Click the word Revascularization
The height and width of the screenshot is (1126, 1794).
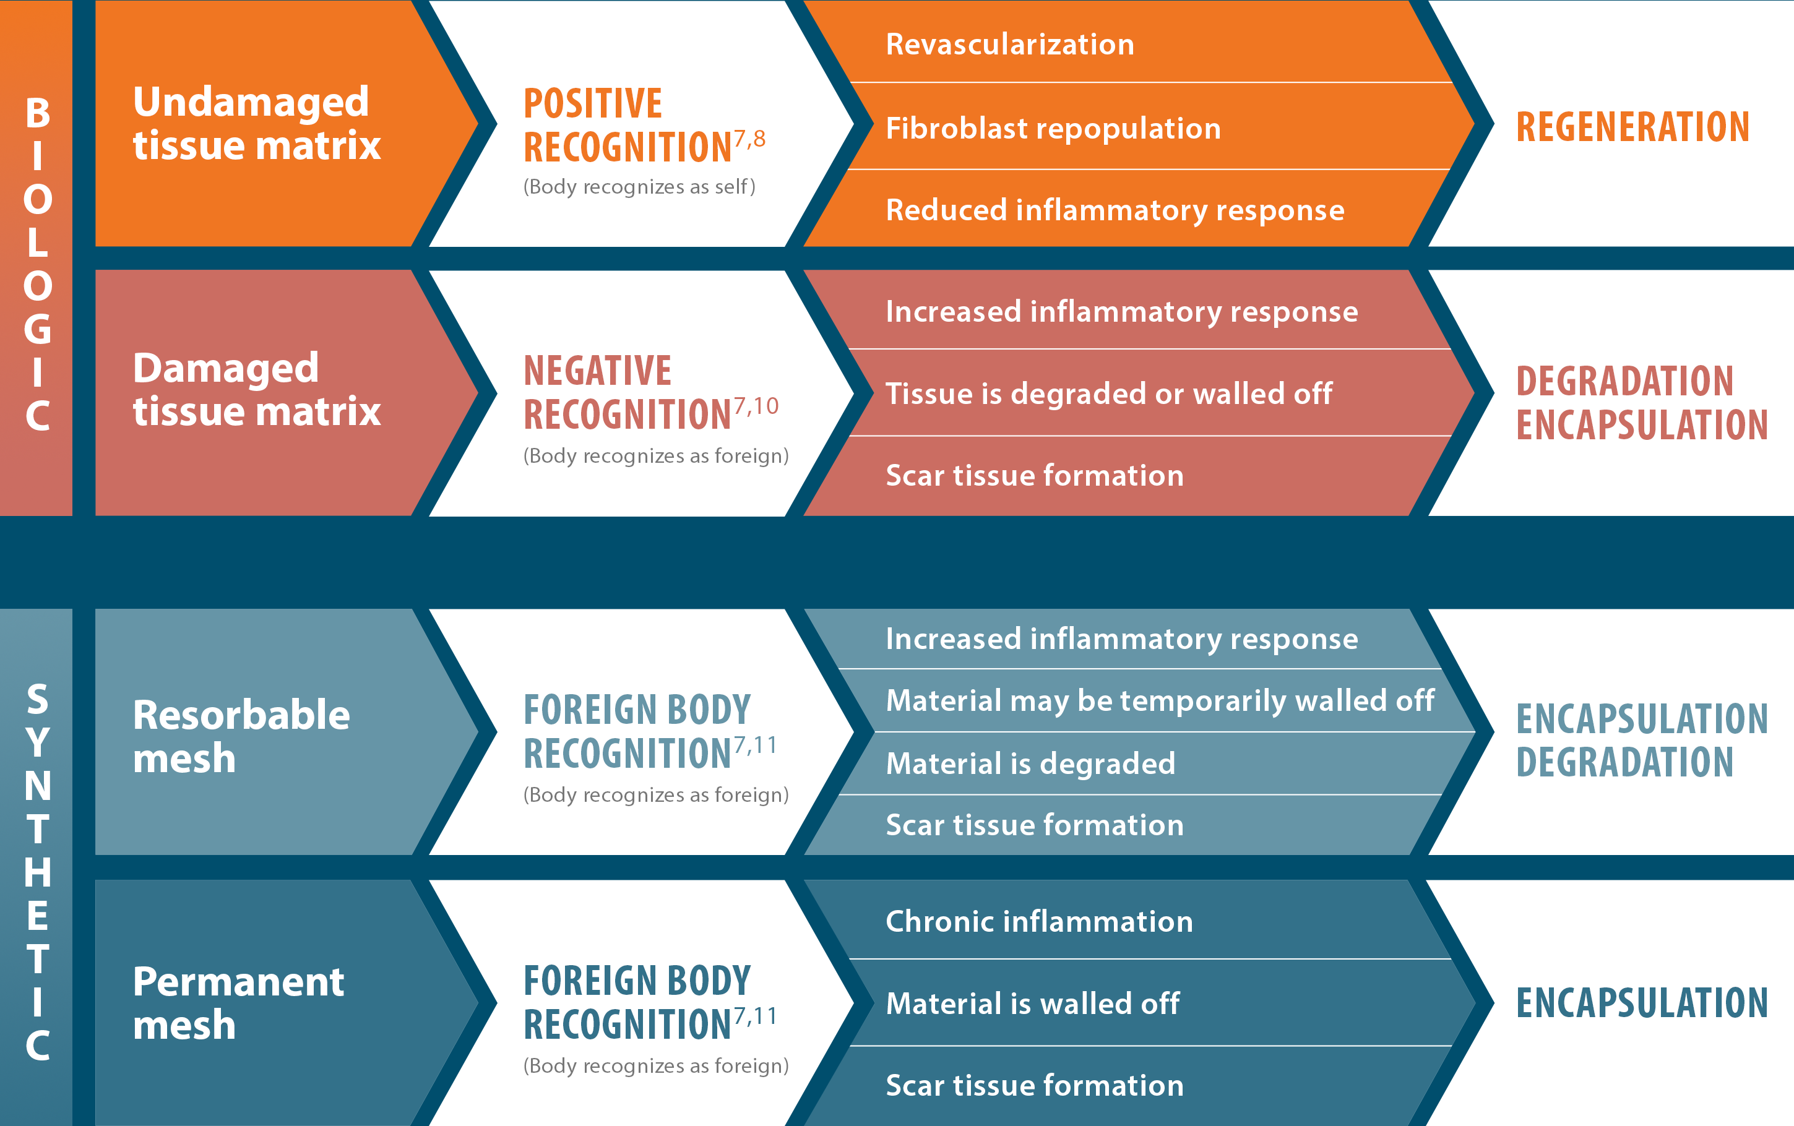coord(1009,45)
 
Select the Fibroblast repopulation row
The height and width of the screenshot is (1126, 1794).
coord(1053,128)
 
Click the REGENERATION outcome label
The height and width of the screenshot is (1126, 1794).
coord(1632,127)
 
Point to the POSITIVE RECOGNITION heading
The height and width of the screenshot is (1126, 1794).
coord(627,125)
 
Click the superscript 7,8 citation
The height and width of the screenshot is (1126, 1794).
coord(749,139)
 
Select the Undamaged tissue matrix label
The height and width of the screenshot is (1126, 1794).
coord(256,124)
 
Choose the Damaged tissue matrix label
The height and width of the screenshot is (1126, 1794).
coord(256,390)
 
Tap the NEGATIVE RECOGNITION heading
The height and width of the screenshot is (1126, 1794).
coord(627,392)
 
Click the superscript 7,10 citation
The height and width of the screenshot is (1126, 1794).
coord(756,406)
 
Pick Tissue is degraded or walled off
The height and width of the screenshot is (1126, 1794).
coord(1109,393)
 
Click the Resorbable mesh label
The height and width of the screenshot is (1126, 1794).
coord(241,736)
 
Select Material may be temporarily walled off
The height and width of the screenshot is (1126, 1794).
coord(1160,701)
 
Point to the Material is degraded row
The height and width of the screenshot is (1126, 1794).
coord(1030,764)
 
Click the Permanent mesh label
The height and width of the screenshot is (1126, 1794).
coord(238,1002)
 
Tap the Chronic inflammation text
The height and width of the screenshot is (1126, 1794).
coord(1039,922)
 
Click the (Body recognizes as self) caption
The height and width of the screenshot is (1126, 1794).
coord(639,187)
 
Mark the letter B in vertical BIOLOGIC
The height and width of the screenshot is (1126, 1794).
coord(38,113)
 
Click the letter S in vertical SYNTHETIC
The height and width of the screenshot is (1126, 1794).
coord(38,698)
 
